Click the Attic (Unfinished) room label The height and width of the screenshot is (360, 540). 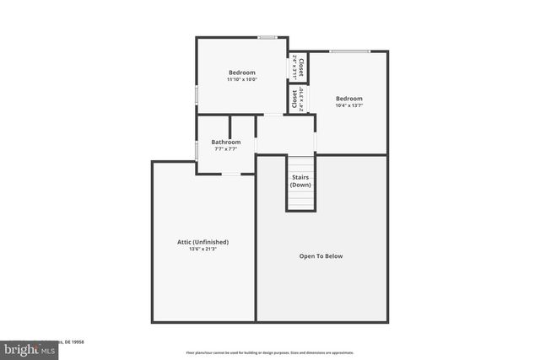click(202, 242)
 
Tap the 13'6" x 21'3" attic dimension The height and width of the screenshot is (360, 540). click(202, 249)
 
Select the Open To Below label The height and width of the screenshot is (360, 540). click(321, 256)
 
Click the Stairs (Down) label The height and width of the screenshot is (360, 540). click(300, 181)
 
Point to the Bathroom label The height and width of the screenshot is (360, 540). click(226, 142)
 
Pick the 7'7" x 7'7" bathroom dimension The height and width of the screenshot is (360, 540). click(226, 149)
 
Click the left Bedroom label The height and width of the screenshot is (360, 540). click(242, 73)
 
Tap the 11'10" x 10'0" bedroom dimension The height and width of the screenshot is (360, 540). click(242, 79)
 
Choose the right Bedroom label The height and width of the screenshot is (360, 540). click(348, 98)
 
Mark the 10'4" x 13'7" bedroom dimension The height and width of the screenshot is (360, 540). click(348, 105)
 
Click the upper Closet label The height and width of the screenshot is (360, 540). click(300, 67)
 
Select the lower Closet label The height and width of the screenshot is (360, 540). click(295, 99)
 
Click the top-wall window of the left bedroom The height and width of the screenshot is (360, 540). click(267, 37)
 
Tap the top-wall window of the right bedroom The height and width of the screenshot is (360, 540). click(349, 51)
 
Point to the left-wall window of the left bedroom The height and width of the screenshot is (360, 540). click(197, 94)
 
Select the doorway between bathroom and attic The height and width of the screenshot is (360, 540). click(230, 174)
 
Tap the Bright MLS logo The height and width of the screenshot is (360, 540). click(25, 349)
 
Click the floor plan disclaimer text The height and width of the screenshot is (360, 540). click(269, 353)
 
